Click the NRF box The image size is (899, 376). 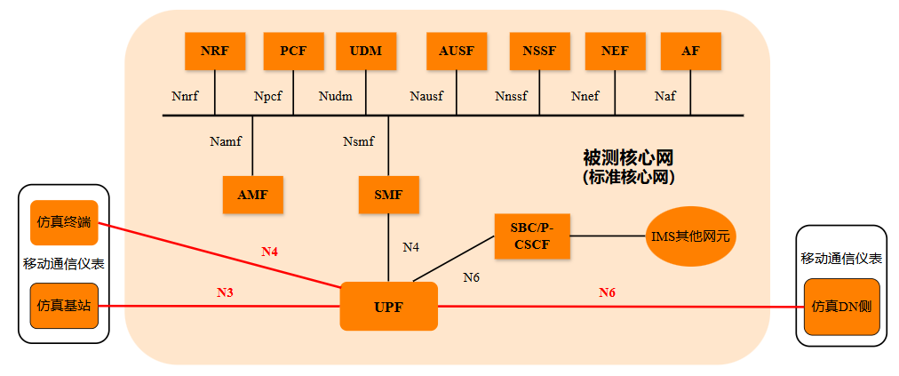pyautogui.click(x=214, y=51)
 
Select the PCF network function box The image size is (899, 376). pyautogui.click(x=293, y=51)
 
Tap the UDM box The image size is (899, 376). pyautogui.click(x=366, y=51)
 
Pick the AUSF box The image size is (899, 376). pyautogui.click(x=457, y=51)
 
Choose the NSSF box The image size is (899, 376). pyautogui.click(x=539, y=51)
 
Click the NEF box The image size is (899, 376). pyautogui.click(x=615, y=51)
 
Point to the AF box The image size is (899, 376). pyautogui.click(x=690, y=51)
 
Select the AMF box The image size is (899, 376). pyautogui.click(x=253, y=195)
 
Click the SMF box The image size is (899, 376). pyautogui.click(x=388, y=195)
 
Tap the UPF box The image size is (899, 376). pyautogui.click(x=389, y=307)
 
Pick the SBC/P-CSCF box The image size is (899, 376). pyautogui.click(x=531, y=236)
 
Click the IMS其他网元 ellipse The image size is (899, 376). pyautogui.click(x=691, y=237)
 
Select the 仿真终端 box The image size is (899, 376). pyautogui.click(x=64, y=221)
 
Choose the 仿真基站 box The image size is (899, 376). pyautogui.click(x=64, y=306)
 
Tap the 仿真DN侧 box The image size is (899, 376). pyautogui.click(x=840, y=307)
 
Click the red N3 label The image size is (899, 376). pyautogui.click(x=226, y=292)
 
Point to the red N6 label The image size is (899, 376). pyautogui.click(x=607, y=292)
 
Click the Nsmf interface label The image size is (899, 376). pyautogui.click(x=358, y=140)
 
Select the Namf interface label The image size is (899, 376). pyautogui.click(x=226, y=140)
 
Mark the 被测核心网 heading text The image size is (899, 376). pyautogui.click(x=627, y=157)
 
